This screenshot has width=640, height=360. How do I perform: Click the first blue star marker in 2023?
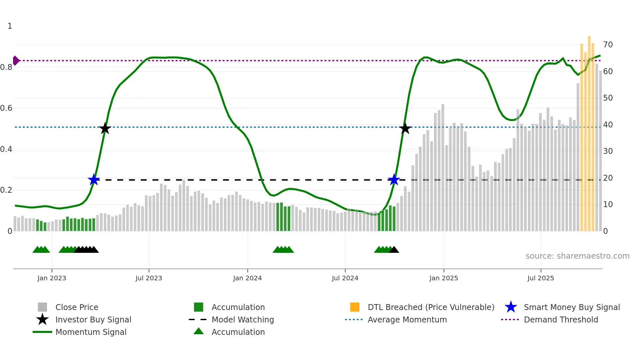tap(94, 180)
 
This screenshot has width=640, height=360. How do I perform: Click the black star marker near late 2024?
tap(405, 128)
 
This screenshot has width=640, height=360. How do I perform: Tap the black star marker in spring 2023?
tap(105, 128)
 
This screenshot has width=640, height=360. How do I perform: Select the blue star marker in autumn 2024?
tap(394, 180)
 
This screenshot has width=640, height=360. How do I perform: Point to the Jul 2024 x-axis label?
tap(345, 278)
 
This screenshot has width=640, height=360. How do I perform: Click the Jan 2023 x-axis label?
tap(52, 278)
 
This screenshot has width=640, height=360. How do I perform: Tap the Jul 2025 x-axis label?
tap(540, 278)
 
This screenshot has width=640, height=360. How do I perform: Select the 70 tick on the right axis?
tap(608, 44)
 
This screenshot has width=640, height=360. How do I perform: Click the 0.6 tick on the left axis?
tap(7, 108)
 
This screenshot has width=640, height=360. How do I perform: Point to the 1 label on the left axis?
tap(10, 26)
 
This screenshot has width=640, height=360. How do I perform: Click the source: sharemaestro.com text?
tap(577, 256)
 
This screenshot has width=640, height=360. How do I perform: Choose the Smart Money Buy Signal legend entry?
tap(571, 307)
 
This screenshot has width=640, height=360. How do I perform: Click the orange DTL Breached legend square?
tap(355, 307)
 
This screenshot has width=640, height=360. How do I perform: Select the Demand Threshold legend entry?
tap(561, 319)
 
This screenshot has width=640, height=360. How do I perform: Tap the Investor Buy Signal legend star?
tap(42, 319)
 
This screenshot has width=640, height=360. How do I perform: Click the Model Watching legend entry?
tap(242, 319)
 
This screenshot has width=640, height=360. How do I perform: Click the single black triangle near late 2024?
tap(394, 250)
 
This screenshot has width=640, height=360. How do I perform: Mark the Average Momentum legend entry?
tap(407, 319)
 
